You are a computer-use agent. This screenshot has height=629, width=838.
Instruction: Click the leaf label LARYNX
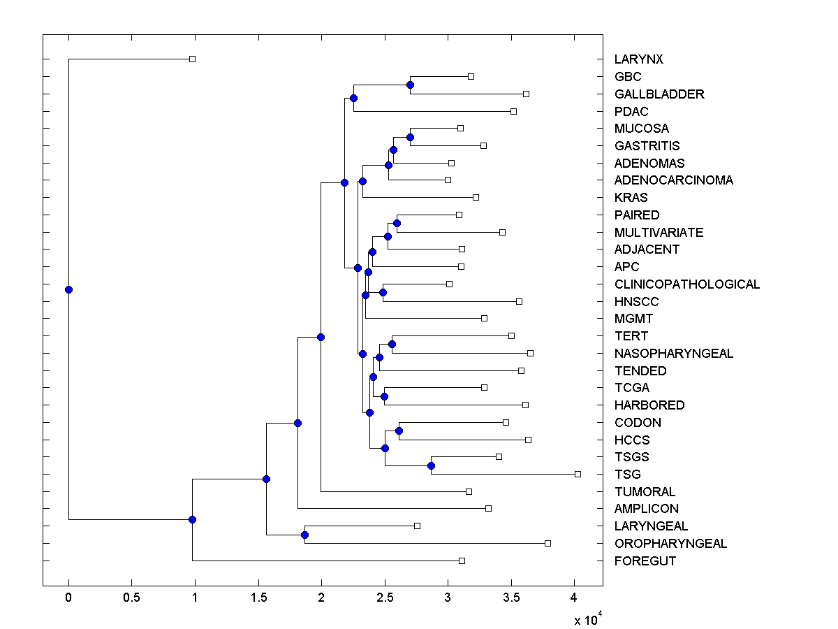click(638, 59)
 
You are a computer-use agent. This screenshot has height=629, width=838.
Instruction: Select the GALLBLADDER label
click(659, 94)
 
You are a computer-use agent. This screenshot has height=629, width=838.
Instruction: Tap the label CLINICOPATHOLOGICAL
click(686, 284)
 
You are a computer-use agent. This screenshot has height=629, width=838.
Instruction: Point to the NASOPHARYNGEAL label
click(674, 354)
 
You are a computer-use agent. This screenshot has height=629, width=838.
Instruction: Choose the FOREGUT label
click(645, 561)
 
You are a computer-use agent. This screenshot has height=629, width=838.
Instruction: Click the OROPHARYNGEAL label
click(670, 544)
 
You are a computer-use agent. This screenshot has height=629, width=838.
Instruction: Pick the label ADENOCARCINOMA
click(673, 180)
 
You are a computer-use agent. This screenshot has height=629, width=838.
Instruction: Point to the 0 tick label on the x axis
click(68, 598)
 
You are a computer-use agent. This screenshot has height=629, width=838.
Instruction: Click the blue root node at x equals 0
click(68, 289)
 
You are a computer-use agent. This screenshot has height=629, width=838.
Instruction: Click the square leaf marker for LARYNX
click(193, 59)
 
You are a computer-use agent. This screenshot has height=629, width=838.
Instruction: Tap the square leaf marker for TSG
click(578, 474)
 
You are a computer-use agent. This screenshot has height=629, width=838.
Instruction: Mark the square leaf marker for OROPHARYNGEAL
click(547, 543)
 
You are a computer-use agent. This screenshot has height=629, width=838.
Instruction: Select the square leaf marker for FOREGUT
click(462, 561)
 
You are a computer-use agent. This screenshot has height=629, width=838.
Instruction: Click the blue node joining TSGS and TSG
click(432, 465)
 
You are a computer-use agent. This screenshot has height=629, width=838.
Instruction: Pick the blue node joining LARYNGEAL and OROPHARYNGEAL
click(304, 535)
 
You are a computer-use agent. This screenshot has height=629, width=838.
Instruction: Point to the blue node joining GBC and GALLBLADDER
click(410, 85)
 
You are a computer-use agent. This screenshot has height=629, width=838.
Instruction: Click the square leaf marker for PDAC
click(513, 111)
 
